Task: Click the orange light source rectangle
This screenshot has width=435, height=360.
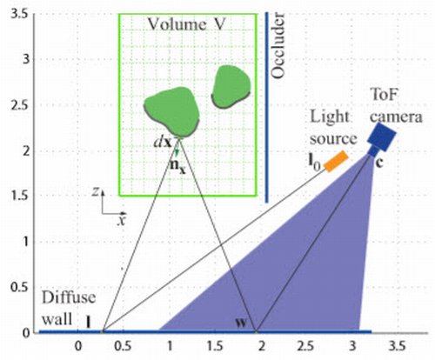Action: (336, 161)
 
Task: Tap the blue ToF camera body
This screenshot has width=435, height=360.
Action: (382, 137)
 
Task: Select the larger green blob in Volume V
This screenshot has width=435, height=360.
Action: (172, 111)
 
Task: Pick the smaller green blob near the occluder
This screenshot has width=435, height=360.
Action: (231, 86)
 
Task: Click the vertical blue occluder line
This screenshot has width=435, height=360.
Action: (267, 107)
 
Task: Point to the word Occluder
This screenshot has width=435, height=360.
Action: (278, 45)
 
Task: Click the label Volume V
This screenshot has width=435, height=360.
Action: (186, 24)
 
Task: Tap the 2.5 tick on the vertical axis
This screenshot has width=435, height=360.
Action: (19, 105)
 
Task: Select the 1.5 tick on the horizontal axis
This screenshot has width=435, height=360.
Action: (215, 346)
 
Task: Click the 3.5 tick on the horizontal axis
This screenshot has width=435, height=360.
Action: (398, 346)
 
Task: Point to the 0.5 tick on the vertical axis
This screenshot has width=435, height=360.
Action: (19, 288)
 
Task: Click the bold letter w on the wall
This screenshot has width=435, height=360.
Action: (241, 323)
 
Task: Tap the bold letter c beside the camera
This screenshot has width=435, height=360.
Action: (379, 163)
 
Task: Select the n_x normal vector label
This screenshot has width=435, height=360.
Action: (177, 166)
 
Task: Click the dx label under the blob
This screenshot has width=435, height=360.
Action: (163, 142)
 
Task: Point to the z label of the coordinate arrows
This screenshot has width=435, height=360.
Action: (96, 191)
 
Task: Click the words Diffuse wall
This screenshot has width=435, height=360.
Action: (69, 308)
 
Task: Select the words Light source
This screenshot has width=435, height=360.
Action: (333, 128)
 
